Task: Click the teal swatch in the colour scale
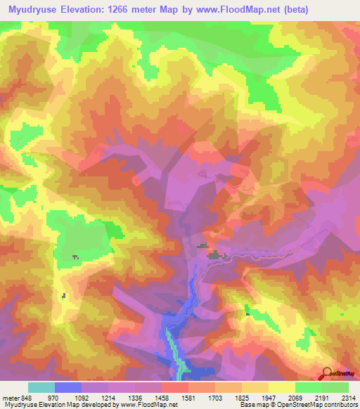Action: [x=41, y=387]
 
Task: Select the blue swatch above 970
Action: [x=68, y=387]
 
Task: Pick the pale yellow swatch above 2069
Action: [x=281, y=387]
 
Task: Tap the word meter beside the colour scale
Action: [x=11, y=397]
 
